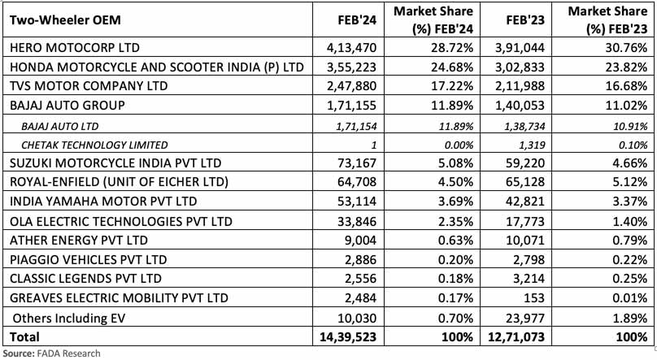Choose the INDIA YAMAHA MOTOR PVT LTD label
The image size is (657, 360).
(103, 201)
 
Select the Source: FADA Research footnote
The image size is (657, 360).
(53, 353)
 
